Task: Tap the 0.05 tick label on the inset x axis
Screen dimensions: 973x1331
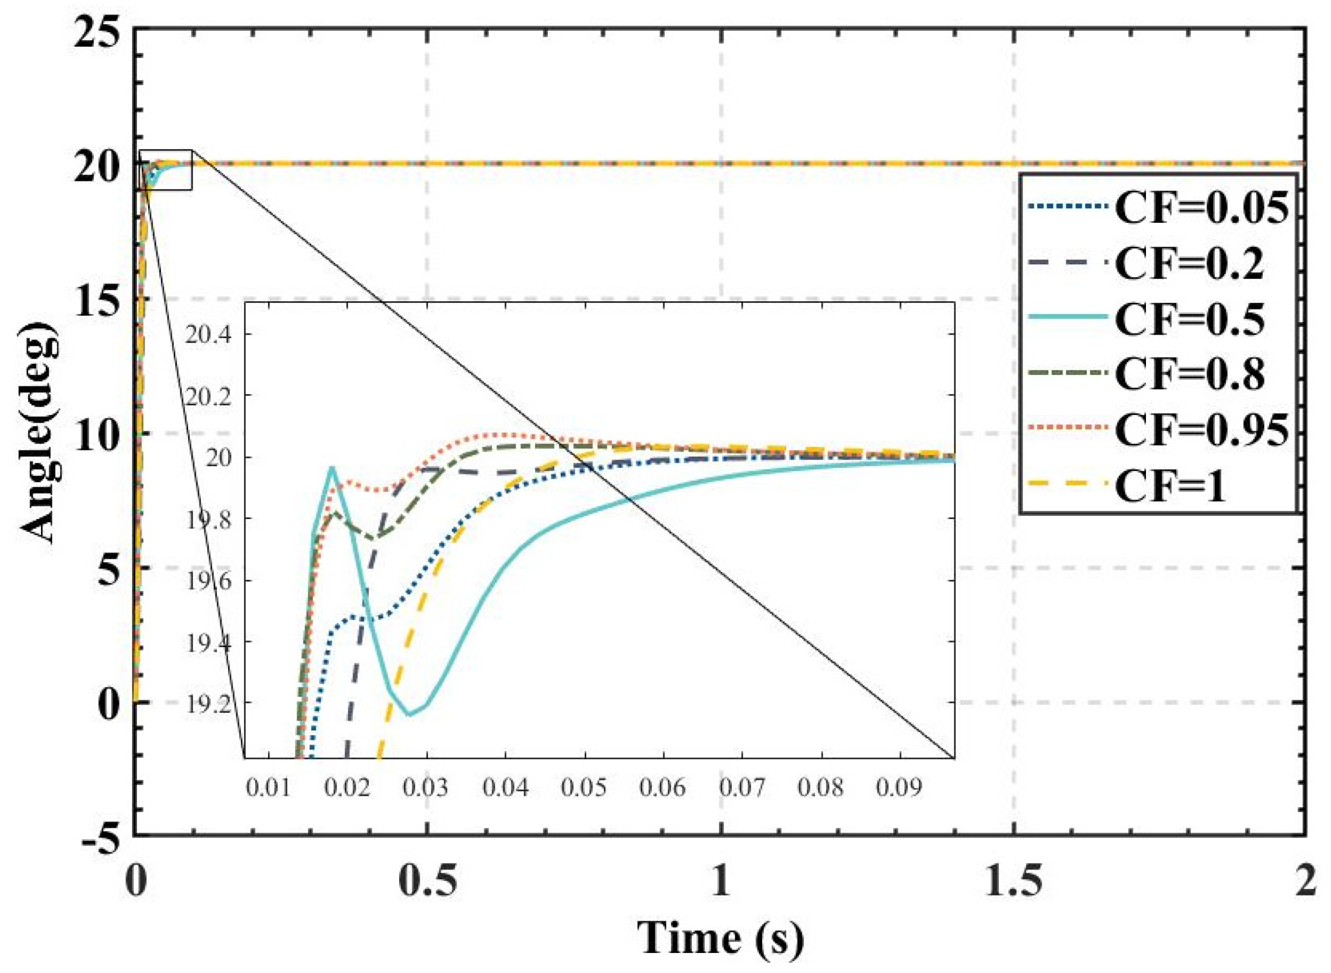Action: click(584, 788)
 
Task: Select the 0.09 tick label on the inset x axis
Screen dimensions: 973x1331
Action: click(899, 788)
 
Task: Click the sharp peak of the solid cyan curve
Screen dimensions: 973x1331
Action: click(332, 468)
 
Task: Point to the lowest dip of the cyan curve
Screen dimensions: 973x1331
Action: click(410, 714)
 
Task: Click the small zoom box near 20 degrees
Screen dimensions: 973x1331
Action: click(166, 170)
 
